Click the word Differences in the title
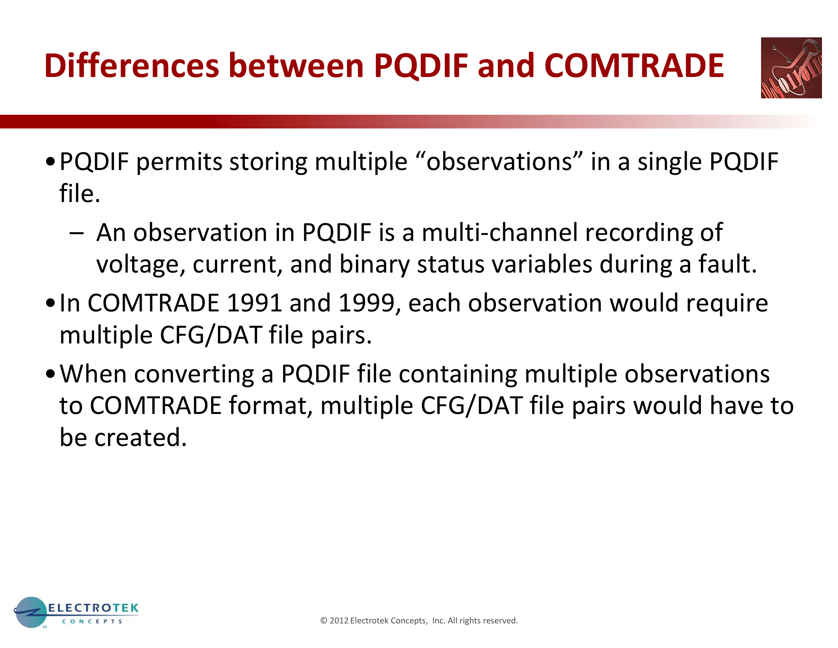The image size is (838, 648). (x=132, y=66)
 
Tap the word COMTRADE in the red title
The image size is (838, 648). (x=634, y=66)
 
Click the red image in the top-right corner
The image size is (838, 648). (x=791, y=67)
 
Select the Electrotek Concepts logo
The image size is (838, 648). (x=76, y=612)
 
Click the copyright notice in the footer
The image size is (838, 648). (x=419, y=620)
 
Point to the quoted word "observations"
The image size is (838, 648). (x=499, y=161)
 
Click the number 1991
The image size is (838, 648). (x=255, y=303)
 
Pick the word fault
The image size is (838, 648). (x=728, y=264)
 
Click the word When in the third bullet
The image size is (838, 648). (x=93, y=374)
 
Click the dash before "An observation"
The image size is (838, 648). (x=77, y=233)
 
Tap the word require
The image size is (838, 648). (x=727, y=304)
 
